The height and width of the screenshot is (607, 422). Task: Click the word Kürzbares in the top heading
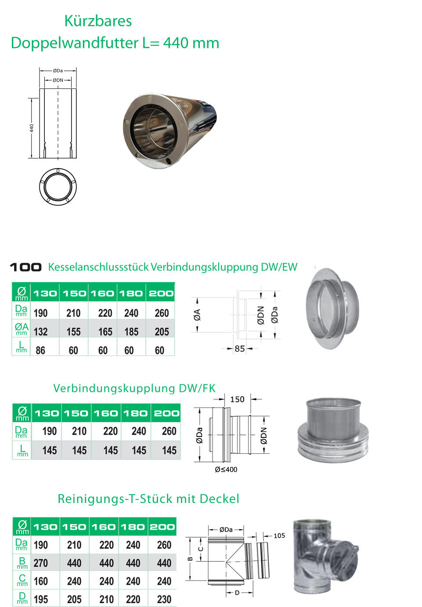(98, 21)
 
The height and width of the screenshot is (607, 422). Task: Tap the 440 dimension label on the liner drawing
(32, 128)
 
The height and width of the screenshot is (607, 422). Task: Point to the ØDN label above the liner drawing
(58, 80)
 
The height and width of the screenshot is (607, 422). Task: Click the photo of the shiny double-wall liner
(170, 130)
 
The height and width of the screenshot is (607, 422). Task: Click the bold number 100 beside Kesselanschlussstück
(26, 267)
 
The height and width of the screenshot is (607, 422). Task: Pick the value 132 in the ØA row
(41, 332)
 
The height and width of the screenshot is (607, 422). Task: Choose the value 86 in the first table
(40, 350)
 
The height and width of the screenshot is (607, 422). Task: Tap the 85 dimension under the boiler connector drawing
(240, 349)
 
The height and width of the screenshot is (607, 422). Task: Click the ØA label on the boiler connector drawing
(197, 315)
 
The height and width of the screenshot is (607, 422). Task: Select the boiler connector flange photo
(332, 308)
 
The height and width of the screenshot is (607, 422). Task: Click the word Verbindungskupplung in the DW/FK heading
(115, 388)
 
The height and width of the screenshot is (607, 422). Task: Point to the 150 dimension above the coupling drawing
(237, 399)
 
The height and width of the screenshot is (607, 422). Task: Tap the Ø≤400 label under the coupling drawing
(226, 470)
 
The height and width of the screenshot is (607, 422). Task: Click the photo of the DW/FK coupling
(333, 430)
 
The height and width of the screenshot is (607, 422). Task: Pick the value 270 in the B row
(41, 563)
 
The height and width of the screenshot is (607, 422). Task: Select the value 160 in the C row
(41, 581)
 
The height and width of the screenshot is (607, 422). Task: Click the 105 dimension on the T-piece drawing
(279, 535)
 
